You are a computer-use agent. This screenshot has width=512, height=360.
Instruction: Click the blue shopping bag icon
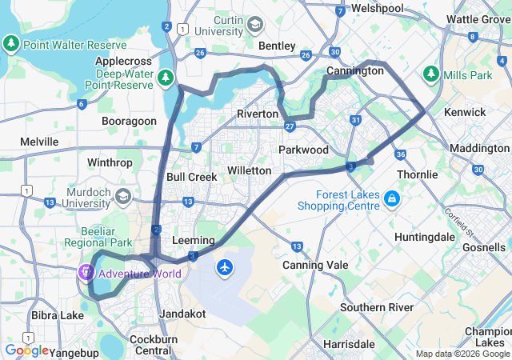pyautogui.click(x=391, y=198)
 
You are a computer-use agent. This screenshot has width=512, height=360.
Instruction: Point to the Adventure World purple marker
pyautogui.click(x=86, y=273)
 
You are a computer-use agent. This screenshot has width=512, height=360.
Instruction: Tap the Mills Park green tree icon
pyautogui.click(x=431, y=74)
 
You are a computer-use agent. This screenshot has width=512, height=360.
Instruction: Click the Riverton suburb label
pyautogui.click(x=257, y=114)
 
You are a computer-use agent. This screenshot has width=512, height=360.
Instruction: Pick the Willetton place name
pyautogui.click(x=250, y=170)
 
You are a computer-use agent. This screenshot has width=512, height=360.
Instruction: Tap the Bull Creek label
pyautogui.click(x=191, y=176)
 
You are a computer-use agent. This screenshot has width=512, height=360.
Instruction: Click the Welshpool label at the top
pyautogui.click(x=377, y=8)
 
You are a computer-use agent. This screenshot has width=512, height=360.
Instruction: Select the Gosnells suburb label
pyautogui.click(x=483, y=248)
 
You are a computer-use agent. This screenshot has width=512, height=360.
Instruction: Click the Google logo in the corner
pyautogui.click(x=26, y=350)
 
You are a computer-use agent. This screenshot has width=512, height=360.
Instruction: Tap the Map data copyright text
pyautogui.click(x=462, y=354)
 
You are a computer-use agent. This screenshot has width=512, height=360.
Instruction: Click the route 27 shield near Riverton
pyautogui.click(x=290, y=126)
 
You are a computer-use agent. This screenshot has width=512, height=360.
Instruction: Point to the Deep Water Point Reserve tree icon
pyautogui.click(x=165, y=78)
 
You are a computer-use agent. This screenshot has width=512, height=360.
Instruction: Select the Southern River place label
pyautogui.click(x=376, y=307)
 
